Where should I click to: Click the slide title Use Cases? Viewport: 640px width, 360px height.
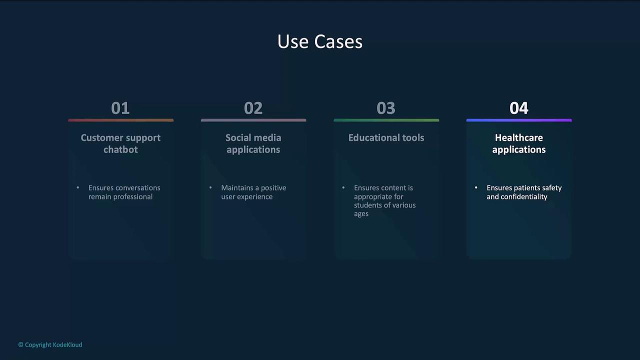[x=319, y=41]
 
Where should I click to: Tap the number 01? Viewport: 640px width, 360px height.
[x=120, y=108]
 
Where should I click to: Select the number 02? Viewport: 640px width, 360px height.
[x=253, y=108]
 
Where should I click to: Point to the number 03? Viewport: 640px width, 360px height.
[x=386, y=108]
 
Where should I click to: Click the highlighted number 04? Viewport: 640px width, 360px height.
[x=519, y=108]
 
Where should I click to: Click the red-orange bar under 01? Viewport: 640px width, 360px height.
[x=121, y=120]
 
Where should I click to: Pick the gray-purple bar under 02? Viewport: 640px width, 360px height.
[x=253, y=120]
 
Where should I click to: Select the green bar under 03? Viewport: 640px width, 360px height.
[x=386, y=120]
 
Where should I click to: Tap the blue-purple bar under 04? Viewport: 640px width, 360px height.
[x=519, y=120]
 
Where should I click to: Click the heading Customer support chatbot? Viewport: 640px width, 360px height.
[x=120, y=143]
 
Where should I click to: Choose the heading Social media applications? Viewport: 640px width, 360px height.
[x=253, y=143]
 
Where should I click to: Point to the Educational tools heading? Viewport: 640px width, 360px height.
[x=386, y=137]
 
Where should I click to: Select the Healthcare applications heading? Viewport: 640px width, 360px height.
[x=519, y=143]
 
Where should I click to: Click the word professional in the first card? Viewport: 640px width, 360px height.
[x=133, y=197]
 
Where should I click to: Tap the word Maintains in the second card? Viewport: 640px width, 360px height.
[x=236, y=187]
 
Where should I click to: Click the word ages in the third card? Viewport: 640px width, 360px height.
[x=361, y=214]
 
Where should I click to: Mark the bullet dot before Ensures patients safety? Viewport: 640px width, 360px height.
[x=476, y=187]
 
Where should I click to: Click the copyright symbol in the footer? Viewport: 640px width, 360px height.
[x=20, y=345]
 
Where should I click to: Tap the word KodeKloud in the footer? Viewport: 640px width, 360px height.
[x=67, y=345]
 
